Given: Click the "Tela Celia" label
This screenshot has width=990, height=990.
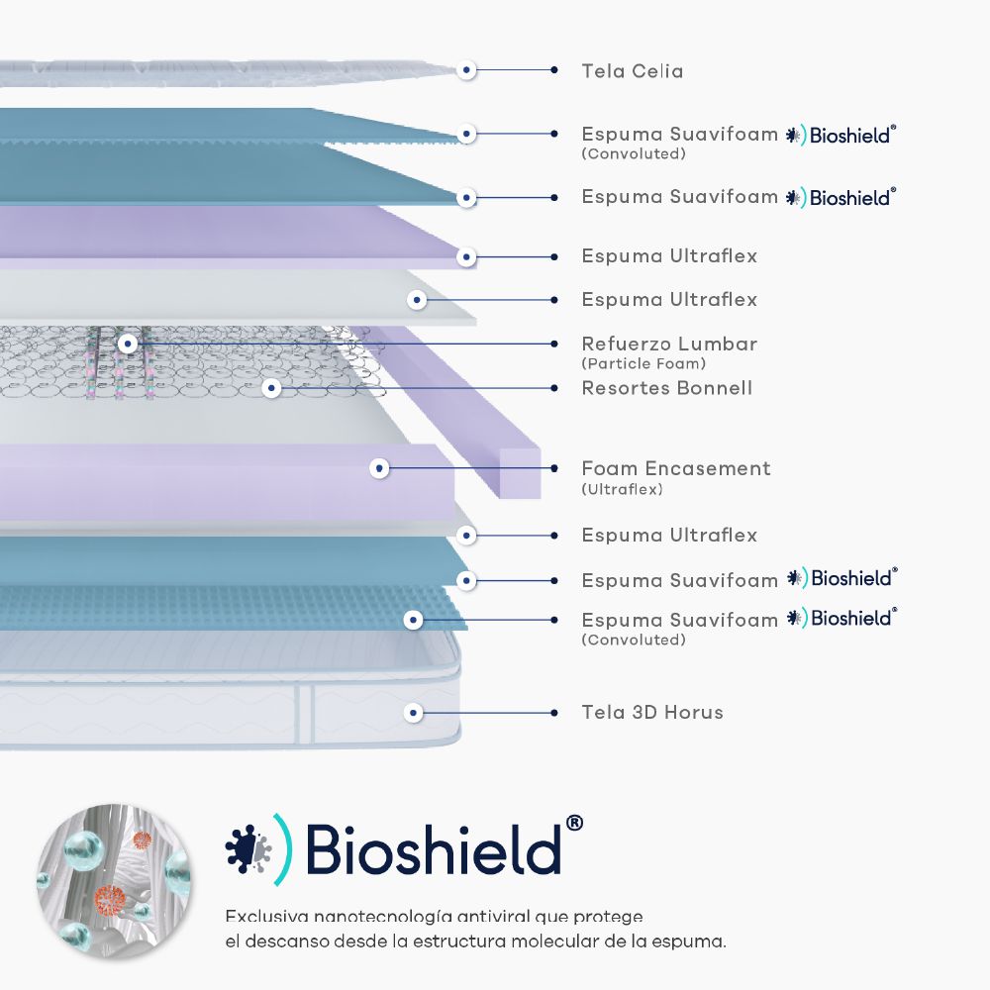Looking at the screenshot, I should point(632,71).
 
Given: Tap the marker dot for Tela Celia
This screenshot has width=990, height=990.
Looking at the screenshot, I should point(467,70).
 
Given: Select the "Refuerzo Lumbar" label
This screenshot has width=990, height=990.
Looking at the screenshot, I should point(669,345).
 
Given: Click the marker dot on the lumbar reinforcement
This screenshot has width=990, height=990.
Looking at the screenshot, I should point(128,344).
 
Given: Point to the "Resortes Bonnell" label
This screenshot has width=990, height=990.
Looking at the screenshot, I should point(666,388).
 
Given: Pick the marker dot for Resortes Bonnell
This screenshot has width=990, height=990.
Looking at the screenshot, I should point(272,388).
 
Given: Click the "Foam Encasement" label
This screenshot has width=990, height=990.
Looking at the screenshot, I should point(675,468).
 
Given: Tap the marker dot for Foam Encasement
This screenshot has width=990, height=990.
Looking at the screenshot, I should point(379,467).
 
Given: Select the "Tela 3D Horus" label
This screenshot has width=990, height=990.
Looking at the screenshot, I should point(651,712).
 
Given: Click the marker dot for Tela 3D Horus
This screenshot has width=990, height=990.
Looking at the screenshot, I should point(415,712).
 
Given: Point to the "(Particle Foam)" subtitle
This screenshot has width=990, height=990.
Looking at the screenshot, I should point(643,363).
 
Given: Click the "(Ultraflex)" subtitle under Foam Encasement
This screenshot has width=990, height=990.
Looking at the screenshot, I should point(622,489).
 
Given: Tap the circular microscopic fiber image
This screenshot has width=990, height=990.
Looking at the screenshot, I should point(113,881).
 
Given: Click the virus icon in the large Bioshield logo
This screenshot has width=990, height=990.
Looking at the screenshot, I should point(247,849).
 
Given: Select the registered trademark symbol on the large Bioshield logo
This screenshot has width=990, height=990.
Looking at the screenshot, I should point(573,824).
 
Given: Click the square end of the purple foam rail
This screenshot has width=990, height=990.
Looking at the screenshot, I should point(521,472).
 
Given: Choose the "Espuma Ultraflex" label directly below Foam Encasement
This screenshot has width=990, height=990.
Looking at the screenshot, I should point(669,536).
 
